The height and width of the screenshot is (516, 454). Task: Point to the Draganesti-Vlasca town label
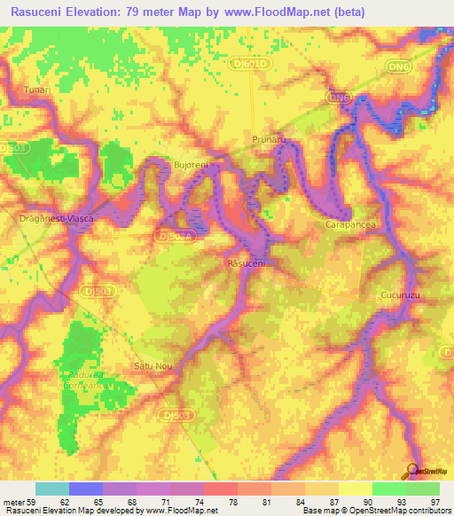tap(57, 217)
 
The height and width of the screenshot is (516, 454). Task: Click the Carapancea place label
tap(349, 225)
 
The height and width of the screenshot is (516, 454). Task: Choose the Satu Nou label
tap(152, 365)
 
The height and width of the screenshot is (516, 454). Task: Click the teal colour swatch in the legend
tap(52, 489)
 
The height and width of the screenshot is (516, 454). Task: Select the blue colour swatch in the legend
tap(86, 489)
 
